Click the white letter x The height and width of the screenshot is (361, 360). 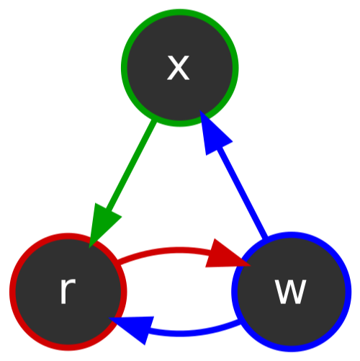(x=179, y=68)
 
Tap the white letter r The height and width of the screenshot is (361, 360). (x=67, y=292)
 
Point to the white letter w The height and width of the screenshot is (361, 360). (x=291, y=292)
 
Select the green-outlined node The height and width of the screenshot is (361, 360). (x=179, y=68)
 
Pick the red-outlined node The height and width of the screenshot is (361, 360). (x=68, y=292)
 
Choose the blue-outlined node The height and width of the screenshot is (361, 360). (x=292, y=292)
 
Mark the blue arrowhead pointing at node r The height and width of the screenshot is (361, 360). (x=135, y=328)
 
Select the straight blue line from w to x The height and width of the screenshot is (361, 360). (x=241, y=192)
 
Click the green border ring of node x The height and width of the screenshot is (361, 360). (x=124, y=68)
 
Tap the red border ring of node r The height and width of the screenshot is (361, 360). (x=12, y=292)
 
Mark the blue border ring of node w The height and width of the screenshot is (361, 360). (x=348, y=292)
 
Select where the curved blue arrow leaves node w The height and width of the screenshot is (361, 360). (x=240, y=322)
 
